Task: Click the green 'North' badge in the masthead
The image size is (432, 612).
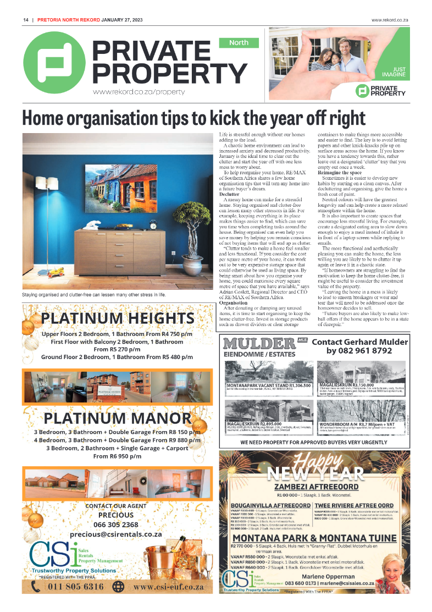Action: click(239, 42)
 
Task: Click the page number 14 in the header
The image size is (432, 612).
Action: click(25, 20)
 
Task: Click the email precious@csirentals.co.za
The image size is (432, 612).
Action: click(115, 534)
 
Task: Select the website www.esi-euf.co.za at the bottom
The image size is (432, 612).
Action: click(168, 587)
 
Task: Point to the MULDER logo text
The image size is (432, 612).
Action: click(259, 344)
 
